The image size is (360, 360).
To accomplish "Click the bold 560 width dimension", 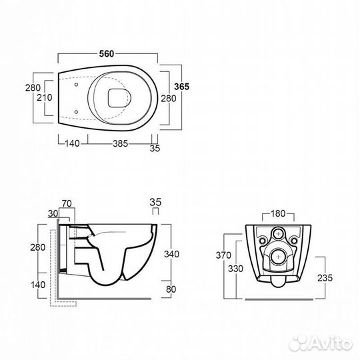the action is (107, 54).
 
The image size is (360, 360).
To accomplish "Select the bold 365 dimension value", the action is (181, 87).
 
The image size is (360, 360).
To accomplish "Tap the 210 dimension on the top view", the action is (45, 97).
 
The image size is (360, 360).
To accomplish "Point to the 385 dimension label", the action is (120, 144).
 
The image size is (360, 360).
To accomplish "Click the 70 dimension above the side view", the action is (67, 203).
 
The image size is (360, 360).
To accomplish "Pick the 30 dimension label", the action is (53, 213).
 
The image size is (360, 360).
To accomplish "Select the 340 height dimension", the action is (171, 254).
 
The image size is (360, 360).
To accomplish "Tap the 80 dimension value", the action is (171, 289).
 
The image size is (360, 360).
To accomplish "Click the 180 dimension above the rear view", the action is (278, 213).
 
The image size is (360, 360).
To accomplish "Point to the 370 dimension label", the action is (223, 255).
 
